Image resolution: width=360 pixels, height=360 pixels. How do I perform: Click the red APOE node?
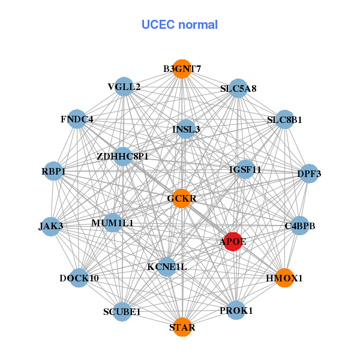coord(233,241)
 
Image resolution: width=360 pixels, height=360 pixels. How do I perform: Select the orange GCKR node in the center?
coord(181,199)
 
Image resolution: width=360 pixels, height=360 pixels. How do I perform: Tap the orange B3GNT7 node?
coord(181,68)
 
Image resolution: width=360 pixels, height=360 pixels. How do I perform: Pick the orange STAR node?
coord(181,328)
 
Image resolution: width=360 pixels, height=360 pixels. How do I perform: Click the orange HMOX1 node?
coord(285,278)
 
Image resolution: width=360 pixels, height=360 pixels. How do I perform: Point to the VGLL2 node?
coord(124,87)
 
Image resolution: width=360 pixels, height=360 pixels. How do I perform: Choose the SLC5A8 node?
coord(238,88)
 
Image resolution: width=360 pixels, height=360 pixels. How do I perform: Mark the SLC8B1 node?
coord(284,119)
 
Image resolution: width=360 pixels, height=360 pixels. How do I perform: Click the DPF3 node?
coord(308,174)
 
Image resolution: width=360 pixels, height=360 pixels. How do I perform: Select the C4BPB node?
coord(299,226)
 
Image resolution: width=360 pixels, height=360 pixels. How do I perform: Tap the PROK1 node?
coord(236,310)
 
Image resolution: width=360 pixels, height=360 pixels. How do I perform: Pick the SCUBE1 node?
coord(122,311)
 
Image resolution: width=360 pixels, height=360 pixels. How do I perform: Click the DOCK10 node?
coord(79,278)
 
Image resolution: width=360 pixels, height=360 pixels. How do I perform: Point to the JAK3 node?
coord(51,226)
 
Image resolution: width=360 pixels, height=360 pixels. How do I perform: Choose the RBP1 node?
coord(54,172)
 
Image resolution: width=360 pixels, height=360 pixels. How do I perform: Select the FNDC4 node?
coord(77,119)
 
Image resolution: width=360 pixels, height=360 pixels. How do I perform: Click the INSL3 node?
coord(186,129)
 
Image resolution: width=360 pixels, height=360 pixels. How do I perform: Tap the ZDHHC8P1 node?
coord(122,157)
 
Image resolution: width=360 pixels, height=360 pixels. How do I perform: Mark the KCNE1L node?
coord(167,266)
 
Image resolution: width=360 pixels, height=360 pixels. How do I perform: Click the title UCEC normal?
coord(179,25)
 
